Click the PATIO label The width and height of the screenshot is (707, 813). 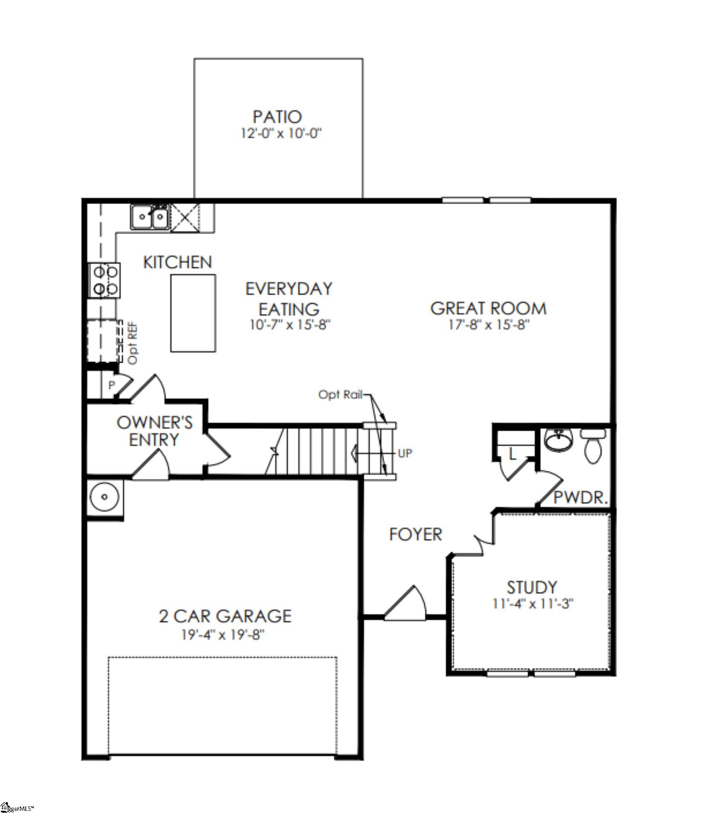coord(277,117)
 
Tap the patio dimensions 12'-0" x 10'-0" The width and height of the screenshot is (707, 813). coord(281,133)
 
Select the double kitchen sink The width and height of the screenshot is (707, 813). coord(150,217)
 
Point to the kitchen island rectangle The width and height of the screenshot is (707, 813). coord(193,313)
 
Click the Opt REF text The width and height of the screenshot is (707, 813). coord(133,343)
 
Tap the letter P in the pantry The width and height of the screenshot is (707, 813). coord(111,385)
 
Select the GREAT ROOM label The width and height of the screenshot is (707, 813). coord(488,308)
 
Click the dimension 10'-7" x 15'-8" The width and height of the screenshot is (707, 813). coord(289,325)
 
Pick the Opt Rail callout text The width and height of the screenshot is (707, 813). coord(340,394)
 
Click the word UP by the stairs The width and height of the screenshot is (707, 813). coord(405,453)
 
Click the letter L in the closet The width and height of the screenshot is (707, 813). coord(512,455)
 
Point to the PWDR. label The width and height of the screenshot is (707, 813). coord(580,498)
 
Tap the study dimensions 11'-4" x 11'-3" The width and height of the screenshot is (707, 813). coord(532,604)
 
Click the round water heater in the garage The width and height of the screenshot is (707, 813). coord(104,497)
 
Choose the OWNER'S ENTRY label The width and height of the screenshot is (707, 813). coord(154,431)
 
